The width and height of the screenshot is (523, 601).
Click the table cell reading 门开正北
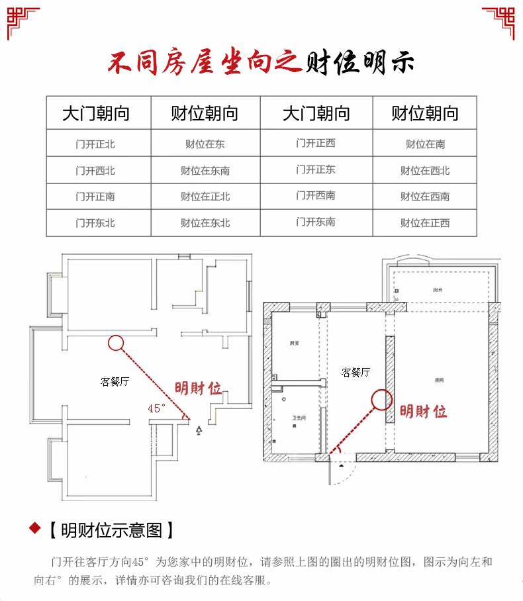coord(95,144)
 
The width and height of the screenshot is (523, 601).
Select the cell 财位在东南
coord(205,170)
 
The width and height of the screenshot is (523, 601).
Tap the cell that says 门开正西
coord(316,143)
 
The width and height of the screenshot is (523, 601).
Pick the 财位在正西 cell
coord(425,223)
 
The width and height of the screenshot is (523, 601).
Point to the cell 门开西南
coord(316,196)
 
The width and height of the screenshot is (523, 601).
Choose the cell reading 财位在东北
coord(205,223)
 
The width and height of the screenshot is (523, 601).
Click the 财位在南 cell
coord(425,144)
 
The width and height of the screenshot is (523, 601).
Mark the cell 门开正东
coord(316,169)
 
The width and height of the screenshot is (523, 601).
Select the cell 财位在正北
coord(205,197)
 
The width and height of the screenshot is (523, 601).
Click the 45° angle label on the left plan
coord(156,408)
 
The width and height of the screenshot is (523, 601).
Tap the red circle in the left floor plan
coord(116,342)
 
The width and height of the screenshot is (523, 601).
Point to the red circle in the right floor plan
coord(382,399)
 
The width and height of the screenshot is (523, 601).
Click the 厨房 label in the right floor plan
coord(293,344)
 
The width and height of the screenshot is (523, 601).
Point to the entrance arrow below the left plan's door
coord(199,431)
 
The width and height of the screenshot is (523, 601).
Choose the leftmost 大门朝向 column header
coord(96,113)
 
